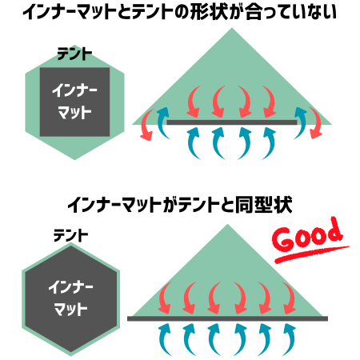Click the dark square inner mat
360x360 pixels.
pos(74,102)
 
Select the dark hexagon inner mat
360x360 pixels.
pos(71,299)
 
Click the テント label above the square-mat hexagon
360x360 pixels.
pos(74,54)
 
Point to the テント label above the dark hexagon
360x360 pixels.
pos(70,236)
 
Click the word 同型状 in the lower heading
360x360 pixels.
pos(263,205)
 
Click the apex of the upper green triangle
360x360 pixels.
pos(232,28)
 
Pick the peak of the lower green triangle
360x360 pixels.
pos(227,224)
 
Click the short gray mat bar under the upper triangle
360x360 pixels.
pos(232,122)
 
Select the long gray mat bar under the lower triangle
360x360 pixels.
pos(227,318)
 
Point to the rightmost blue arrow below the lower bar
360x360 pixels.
pos(291,338)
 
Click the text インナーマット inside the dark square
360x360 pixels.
pos(74,102)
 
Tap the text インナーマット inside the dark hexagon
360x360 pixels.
pos(70,298)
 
